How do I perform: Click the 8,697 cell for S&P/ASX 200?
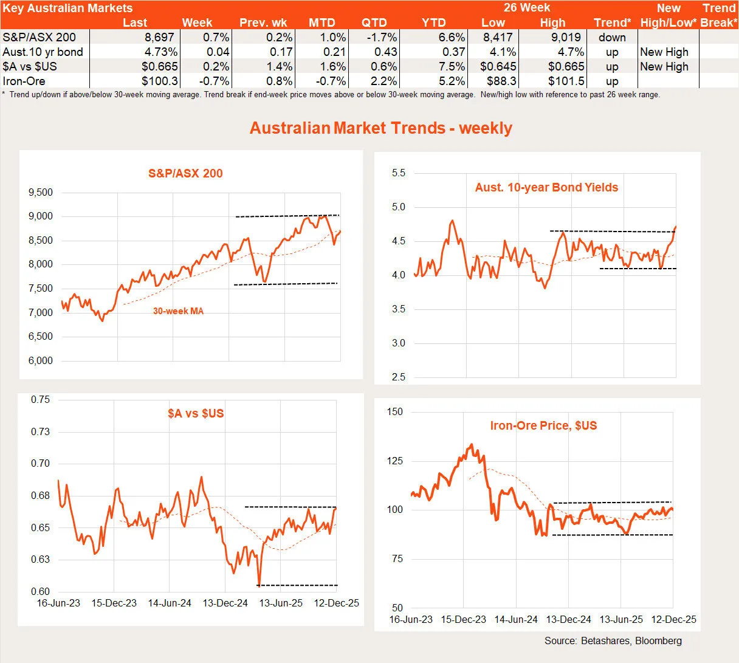[x=159, y=37]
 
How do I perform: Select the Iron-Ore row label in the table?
[x=24, y=81]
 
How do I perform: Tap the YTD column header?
[x=434, y=22]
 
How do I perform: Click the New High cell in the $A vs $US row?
[x=664, y=66]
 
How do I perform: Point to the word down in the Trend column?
[x=612, y=37]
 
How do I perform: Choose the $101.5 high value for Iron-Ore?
[x=566, y=81]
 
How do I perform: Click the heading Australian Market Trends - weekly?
[x=381, y=128]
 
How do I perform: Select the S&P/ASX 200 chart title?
[x=185, y=173]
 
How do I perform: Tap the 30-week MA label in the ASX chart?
[x=178, y=311]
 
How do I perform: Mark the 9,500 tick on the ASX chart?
[x=40, y=193]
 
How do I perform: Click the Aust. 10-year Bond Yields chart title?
[x=546, y=187]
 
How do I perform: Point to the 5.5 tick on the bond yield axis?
[x=398, y=173]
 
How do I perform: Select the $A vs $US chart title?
[x=196, y=413]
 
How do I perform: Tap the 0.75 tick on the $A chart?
[x=40, y=400]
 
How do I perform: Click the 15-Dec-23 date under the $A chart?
[x=114, y=603]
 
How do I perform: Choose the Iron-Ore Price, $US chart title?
[x=543, y=425]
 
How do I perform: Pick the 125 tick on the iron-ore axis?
[x=394, y=461]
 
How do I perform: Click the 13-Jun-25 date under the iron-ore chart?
[x=621, y=619]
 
